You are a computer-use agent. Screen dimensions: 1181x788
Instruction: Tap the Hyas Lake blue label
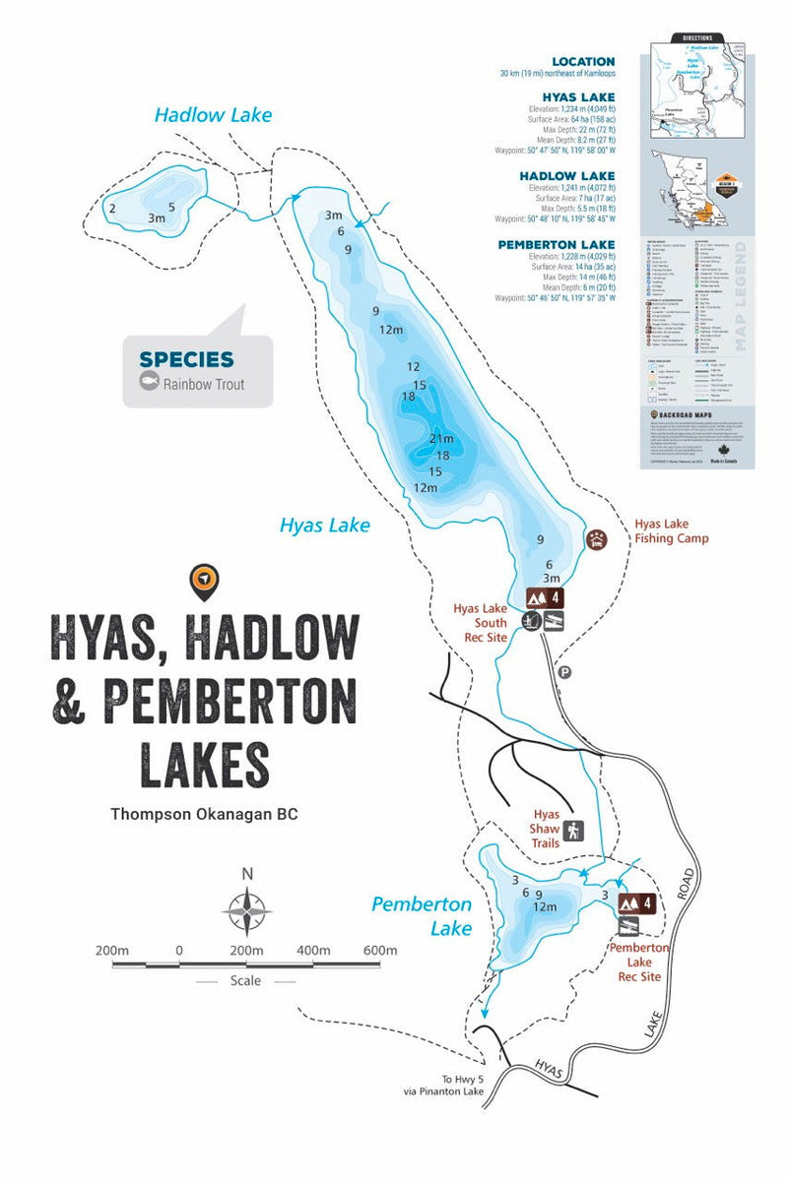tap(325, 526)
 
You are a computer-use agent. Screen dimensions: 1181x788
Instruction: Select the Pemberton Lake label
tap(422, 915)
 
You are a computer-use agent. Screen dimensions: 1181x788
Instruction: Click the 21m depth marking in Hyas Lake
tap(441, 438)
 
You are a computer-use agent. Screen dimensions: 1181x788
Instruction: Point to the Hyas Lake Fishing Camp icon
tap(597, 539)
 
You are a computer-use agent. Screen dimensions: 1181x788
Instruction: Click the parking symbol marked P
tap(564, 672)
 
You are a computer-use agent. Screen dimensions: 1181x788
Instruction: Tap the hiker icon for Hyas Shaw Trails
tap(573, 830)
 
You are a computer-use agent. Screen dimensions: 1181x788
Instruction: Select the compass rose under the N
tap(247, 911)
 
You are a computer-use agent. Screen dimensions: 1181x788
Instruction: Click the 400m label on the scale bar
tap(312, 950)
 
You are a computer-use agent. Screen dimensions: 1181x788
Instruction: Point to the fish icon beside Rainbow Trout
tap(150, 384)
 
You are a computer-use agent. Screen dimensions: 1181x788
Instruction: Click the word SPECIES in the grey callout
tap(186, 359)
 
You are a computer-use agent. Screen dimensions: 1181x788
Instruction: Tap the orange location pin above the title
tap(204, 581)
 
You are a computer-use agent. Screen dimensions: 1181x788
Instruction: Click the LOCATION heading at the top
tap(583, 61)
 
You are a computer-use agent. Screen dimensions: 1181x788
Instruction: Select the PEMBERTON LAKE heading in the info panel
tap(557, 244)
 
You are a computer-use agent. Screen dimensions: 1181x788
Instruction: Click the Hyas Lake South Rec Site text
tap(480, 623)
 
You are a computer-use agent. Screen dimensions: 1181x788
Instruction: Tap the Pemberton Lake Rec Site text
tap(638, 962)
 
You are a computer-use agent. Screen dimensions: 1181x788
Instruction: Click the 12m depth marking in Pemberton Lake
tap(545, 906)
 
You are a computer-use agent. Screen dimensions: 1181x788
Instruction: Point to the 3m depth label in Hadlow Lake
tap(156, 218)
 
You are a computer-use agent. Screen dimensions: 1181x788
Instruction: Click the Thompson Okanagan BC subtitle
tap(203, 815)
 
